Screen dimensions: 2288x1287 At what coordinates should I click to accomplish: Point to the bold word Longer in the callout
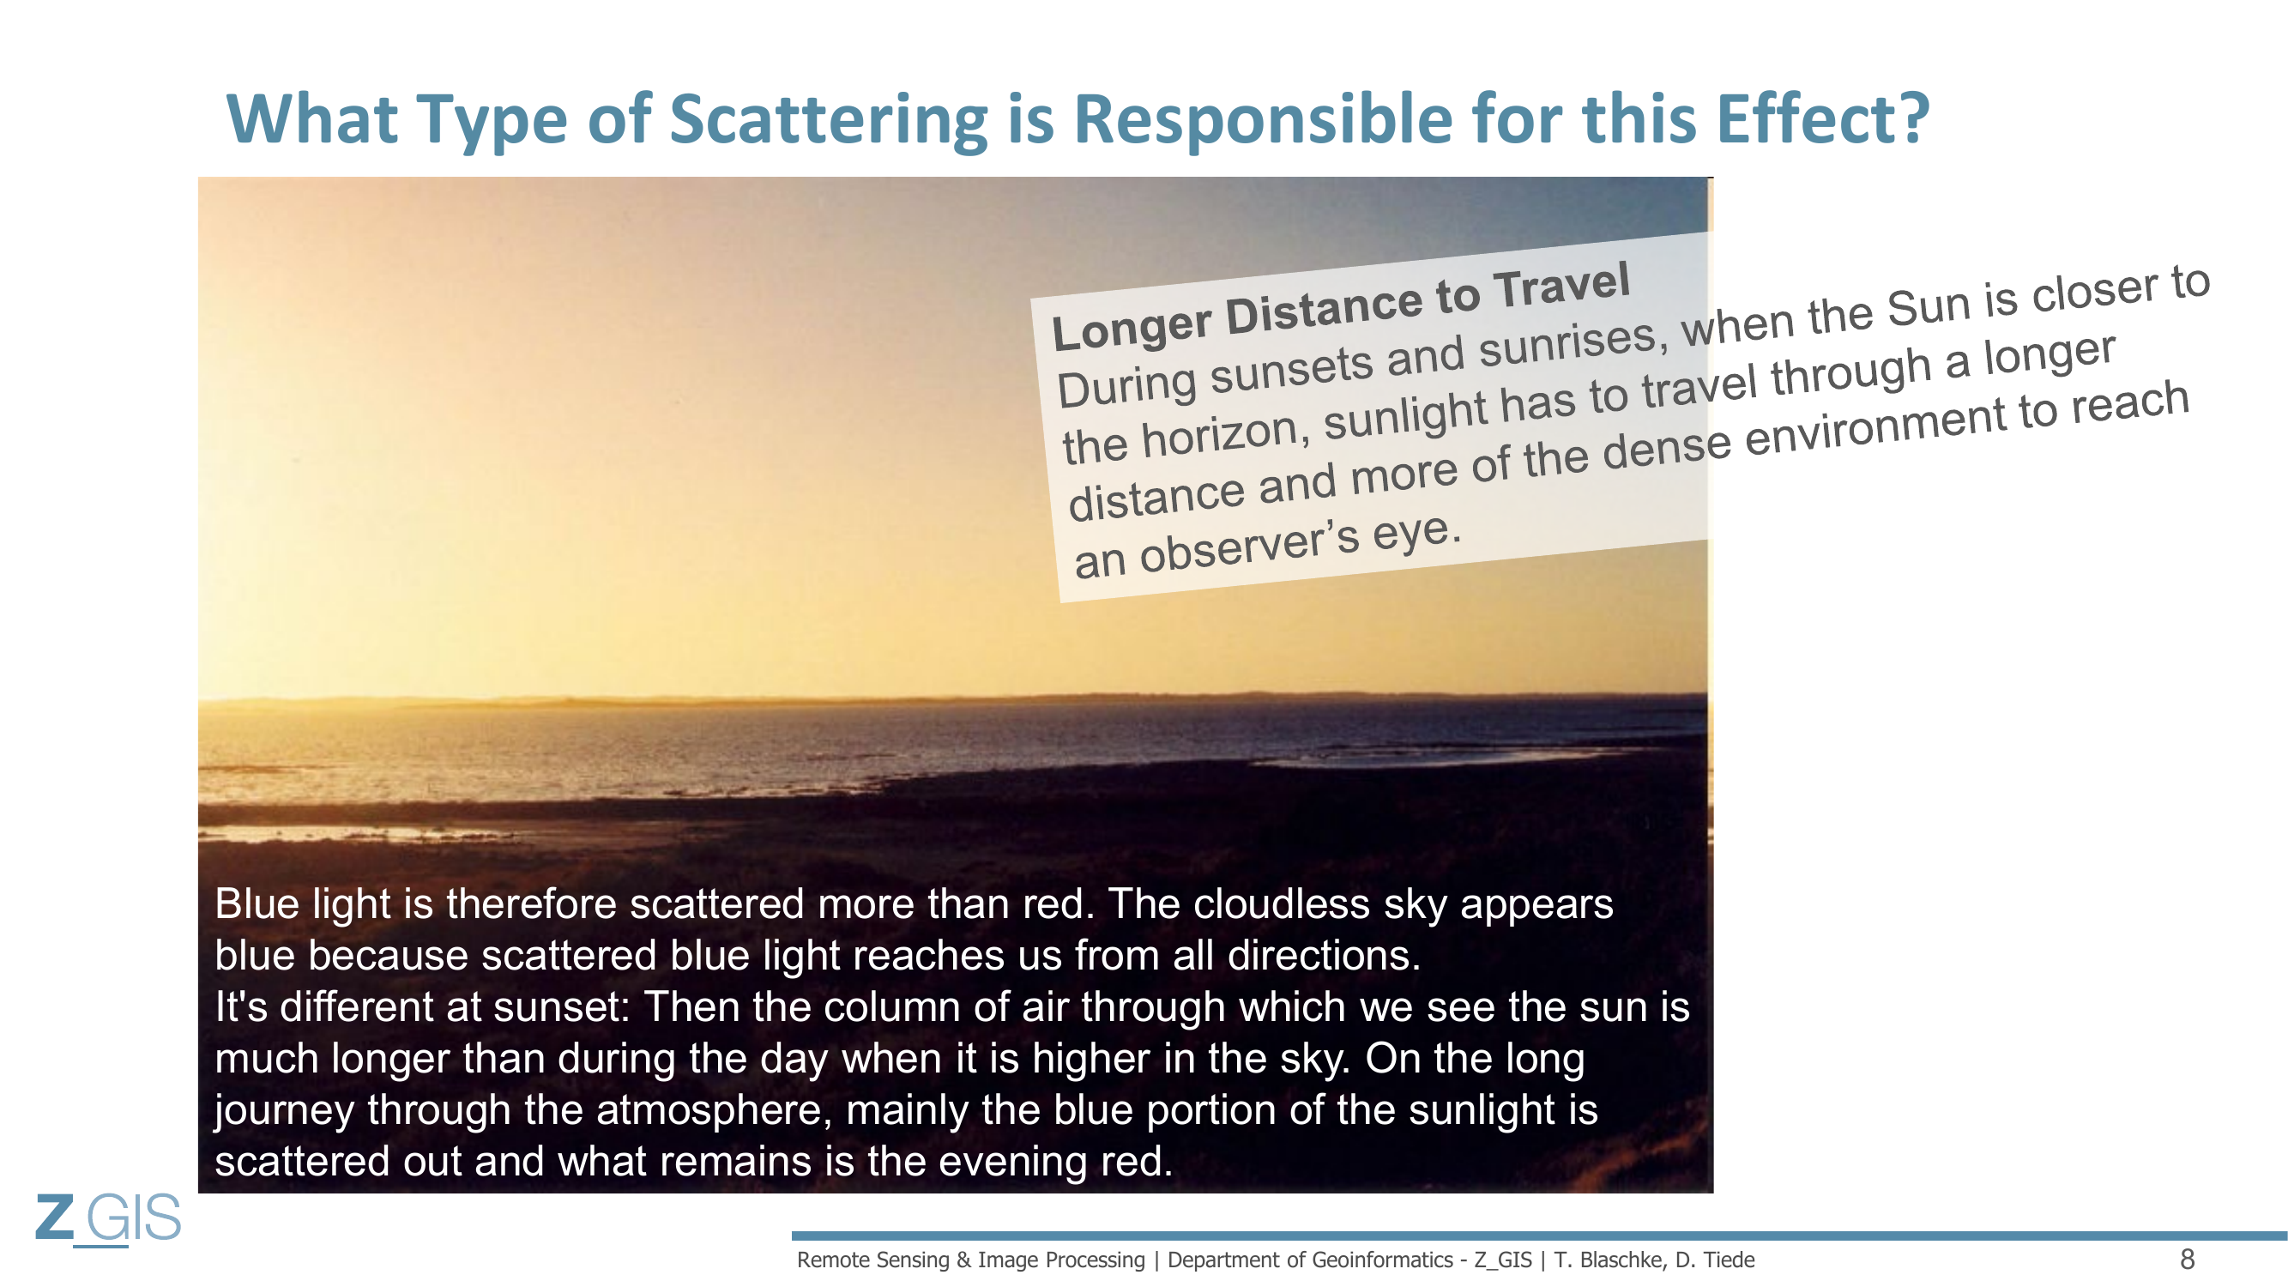coord(1132,328)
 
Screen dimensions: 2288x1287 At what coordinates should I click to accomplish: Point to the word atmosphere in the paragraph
coord(714,1110)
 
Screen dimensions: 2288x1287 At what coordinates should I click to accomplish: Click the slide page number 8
coord(2187,1259)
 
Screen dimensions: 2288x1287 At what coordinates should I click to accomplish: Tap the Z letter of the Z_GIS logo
coord(55,1217)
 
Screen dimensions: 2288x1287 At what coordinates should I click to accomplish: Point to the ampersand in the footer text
coord(963,1260)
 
